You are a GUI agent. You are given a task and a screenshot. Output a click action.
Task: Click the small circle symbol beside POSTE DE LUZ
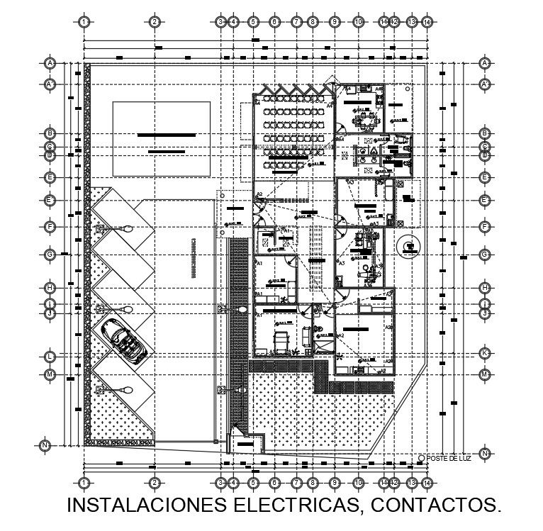click(421, 458)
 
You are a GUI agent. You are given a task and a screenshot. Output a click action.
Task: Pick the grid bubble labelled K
click(485, 352)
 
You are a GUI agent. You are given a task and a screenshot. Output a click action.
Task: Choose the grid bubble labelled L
click(50, 355)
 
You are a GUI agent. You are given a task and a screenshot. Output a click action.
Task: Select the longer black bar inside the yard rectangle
click(167, 135)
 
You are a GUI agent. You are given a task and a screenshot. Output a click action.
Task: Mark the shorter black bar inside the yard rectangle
click(167, 151)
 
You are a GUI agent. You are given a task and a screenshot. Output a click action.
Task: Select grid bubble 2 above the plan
click(154, 22)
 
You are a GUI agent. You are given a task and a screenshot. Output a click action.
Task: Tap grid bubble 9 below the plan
click(334, 483)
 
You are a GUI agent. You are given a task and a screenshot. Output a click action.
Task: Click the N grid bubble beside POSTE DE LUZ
click(485, 453)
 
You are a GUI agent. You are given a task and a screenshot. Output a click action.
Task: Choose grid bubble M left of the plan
click(50, 374)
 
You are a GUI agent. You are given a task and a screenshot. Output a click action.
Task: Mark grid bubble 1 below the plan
click(84, 483)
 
